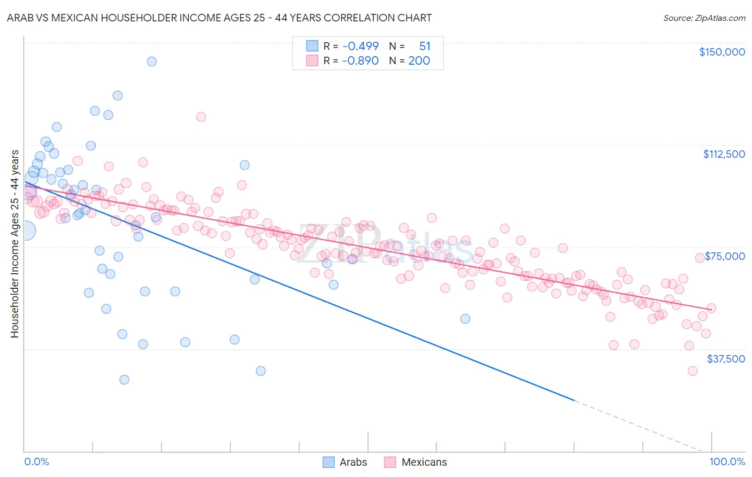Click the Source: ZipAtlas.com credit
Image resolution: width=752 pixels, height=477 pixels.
704,18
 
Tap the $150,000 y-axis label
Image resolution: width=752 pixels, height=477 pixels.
722,52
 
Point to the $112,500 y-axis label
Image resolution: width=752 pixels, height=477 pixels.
724,154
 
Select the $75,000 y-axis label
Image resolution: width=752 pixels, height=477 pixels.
725,256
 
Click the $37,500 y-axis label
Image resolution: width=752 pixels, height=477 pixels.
725,358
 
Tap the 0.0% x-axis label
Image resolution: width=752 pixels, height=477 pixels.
36,461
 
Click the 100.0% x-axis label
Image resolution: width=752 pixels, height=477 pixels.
727,461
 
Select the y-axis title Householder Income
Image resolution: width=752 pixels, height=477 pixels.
14,244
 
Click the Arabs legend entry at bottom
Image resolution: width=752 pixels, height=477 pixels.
345,462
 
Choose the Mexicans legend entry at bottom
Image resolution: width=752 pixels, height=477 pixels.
416,462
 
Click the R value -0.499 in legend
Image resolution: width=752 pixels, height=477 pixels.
360,47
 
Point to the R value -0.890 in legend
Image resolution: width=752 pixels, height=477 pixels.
360,60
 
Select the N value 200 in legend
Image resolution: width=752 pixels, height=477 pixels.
419,60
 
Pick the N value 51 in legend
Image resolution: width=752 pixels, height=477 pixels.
425,47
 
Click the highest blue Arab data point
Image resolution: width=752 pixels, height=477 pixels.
152,61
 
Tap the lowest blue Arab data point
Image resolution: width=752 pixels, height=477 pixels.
124,380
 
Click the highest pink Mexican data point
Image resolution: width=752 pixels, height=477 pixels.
201,117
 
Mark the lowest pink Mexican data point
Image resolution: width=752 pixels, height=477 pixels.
693,371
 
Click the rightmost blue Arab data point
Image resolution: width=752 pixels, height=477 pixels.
465,319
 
